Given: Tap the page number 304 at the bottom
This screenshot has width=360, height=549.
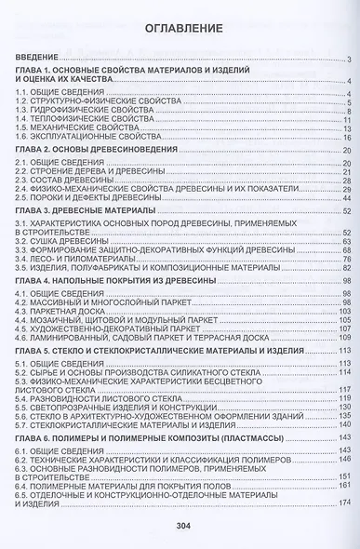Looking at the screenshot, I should [181, 528].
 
